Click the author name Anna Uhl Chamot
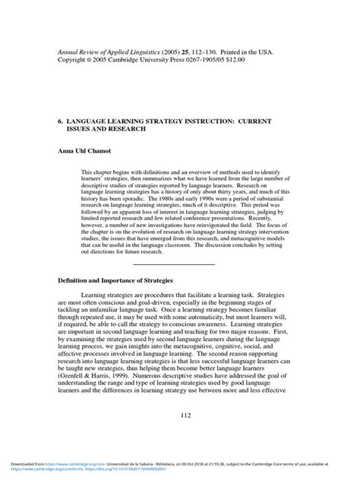pos(85,151)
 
